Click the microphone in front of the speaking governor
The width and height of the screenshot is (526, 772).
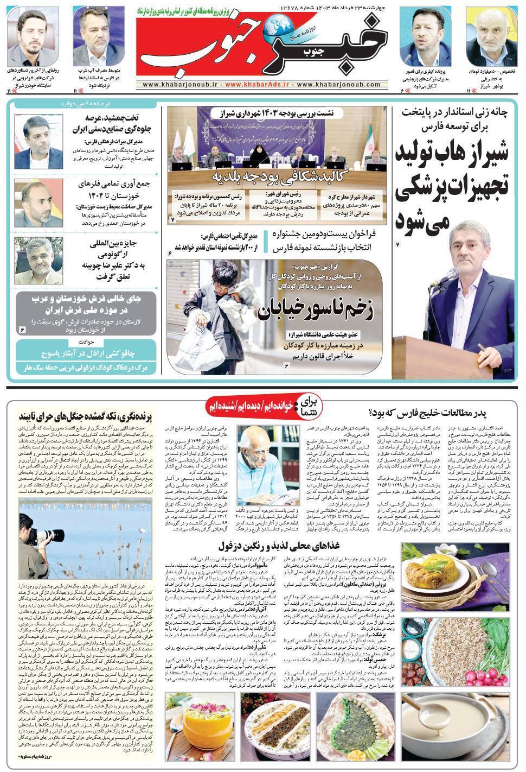tap(439, 282)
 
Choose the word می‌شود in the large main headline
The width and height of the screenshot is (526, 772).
tap(425, 220)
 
